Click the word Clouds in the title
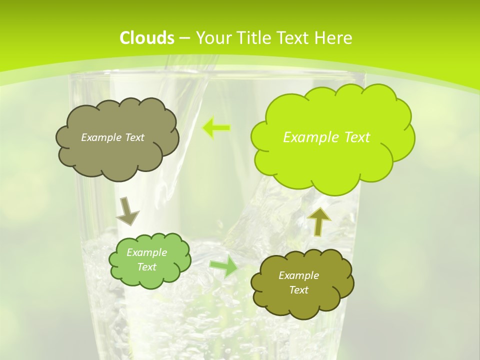147,38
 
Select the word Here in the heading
336,38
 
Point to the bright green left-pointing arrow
216,128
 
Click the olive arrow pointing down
127,210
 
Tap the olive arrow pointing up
319,220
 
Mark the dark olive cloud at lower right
301,283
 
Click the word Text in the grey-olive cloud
134,137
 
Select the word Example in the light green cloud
146,252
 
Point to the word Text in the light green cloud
146,267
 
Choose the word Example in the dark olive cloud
298,275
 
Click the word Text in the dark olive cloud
298,290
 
